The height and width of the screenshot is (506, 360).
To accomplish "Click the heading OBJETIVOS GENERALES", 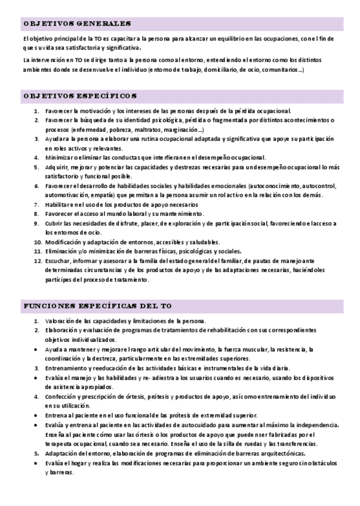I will pos(77,24).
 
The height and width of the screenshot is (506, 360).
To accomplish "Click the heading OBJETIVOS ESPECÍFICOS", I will pos(81,95).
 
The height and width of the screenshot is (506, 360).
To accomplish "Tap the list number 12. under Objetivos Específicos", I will pos(37,261).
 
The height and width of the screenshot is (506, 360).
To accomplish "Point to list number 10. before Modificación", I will pos(37,242).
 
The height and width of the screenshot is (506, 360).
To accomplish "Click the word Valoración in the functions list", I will pos(61,320).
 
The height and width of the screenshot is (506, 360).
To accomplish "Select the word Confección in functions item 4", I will pos(61,396).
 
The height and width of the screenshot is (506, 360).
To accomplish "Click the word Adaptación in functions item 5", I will pos(61,453).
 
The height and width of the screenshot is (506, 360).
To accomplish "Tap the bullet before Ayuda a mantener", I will pos(38,349).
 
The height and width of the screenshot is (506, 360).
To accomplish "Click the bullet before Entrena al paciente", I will pos(38,415).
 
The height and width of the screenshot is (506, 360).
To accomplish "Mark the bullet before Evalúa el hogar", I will pos(38,462).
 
